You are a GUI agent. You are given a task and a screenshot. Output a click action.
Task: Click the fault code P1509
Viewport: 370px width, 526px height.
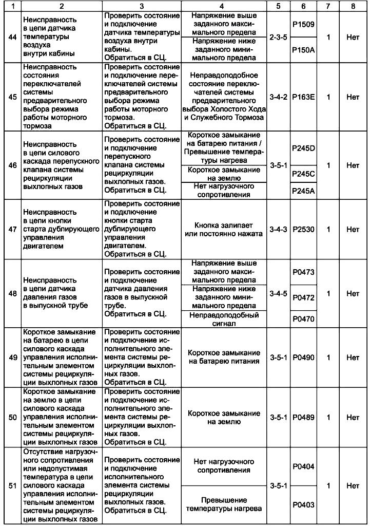[303, 24]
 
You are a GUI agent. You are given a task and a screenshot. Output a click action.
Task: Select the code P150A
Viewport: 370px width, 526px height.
[303, 50]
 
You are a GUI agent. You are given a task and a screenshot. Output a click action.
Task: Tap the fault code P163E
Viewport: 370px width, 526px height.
[303, 97]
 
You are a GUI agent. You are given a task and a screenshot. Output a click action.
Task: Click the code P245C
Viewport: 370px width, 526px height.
[303, 174]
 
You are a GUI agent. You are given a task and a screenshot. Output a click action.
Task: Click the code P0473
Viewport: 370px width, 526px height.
[303, 272]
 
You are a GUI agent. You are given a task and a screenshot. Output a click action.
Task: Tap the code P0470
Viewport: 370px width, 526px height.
[303, 318]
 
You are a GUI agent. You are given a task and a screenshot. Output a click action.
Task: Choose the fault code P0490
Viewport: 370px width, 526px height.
[303, 357]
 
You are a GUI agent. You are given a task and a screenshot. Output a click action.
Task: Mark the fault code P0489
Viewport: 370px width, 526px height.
[303, 417]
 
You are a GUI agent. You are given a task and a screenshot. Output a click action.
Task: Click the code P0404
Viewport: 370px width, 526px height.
[303, 466]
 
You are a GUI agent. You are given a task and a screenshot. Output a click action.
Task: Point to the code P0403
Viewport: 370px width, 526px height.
[303, 504]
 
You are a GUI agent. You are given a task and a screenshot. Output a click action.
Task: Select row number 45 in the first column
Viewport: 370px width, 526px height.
[12, 97]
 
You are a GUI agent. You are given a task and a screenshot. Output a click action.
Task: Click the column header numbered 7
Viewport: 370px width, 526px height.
[327, 6]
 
